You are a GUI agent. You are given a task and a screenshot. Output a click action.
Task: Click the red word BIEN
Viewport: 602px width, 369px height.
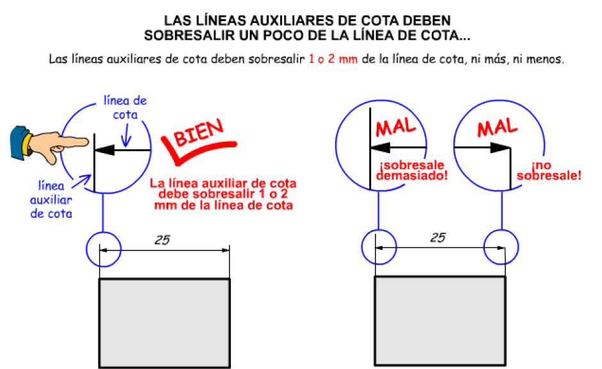pyautogui.click(x=198, y=133)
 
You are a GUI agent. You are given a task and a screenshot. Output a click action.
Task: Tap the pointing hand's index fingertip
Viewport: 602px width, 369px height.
pyautogui.click(x=87, y=142)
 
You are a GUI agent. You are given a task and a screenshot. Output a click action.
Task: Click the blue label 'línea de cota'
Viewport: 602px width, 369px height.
pyautogui.click(x=125, y=107)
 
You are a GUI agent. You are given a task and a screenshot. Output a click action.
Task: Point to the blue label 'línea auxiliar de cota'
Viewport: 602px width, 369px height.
pyautogui.click(x=51, y=199)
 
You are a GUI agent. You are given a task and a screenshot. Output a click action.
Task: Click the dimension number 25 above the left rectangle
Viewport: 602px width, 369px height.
pyautogui.click(x=162, y=240)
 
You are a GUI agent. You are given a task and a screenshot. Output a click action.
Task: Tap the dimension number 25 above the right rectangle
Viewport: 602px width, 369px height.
pyautogui.click(x=438, y=238)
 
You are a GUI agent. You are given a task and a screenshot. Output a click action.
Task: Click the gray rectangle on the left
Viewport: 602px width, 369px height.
pyautogui.click(x=164, y=324)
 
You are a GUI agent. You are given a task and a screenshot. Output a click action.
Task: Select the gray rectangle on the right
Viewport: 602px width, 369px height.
pyautogui.click(x=440, y=321)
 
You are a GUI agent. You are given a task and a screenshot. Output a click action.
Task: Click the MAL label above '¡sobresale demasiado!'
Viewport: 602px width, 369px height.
pyautogui.click(x=396, y=127)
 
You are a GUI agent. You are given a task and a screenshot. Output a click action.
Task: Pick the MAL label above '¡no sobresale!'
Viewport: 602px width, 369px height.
pyautogui.click(x=498, y=127)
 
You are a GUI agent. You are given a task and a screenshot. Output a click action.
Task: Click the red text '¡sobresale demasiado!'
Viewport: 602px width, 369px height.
pyautogui.click(x=411, y=170)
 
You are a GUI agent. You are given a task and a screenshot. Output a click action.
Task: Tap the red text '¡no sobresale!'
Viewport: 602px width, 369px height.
pyautogui.click(x=549, y=170)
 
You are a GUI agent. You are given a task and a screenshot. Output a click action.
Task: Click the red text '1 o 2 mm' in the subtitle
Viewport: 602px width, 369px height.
pyautogui.click(x=333, y=59)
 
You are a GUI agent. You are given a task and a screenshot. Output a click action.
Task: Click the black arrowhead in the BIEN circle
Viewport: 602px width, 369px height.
pyautogui.click(x=105, y=150)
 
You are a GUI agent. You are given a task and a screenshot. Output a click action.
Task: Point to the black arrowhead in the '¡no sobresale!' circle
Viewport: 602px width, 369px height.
pyautogui.click(x=500, y=147)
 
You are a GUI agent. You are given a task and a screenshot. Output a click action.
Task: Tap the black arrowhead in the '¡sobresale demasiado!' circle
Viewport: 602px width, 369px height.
pyautogui.click(x=380, y=147)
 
